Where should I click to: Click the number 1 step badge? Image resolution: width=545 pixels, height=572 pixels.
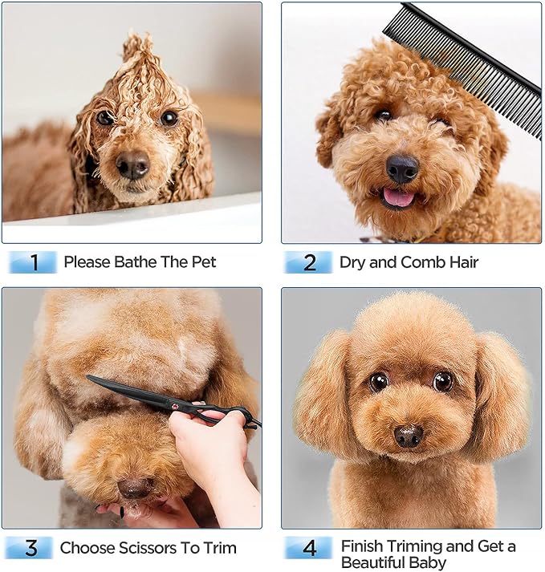(33, 262)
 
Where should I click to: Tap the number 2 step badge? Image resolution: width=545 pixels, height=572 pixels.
(308, 262)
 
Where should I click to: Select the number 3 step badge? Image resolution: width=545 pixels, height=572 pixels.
(31, 548)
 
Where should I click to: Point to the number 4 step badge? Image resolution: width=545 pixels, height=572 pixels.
(309, 548)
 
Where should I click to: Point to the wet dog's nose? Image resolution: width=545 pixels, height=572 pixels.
(133, 164)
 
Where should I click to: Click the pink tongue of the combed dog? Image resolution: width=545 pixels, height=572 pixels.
(399, 197)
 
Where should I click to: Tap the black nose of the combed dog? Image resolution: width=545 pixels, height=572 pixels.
(402, 168)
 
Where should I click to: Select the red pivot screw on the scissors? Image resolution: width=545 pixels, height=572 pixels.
(175, 407)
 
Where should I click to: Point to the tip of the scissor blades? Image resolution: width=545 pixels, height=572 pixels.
(87, 377)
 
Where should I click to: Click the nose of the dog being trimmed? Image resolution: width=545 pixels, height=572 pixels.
(136, 488)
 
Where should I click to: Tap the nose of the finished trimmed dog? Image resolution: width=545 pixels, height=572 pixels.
(409, 436)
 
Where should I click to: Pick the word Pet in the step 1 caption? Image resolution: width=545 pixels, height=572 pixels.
(204, 262)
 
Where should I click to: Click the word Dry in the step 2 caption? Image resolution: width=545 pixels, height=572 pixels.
(352, 262)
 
